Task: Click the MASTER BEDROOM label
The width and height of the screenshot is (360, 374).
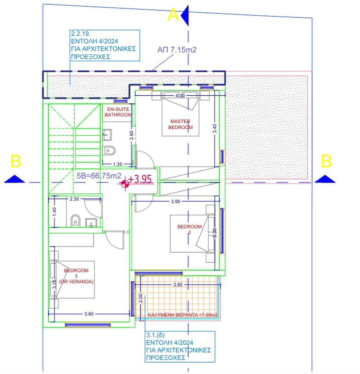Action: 180,124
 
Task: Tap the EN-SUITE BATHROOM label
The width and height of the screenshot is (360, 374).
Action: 118,112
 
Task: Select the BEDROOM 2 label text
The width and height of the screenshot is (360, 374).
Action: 189,229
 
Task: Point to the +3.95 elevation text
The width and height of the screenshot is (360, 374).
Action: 140,179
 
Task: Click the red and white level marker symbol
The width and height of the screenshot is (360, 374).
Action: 125,184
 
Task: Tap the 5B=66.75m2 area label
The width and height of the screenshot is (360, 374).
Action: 99,176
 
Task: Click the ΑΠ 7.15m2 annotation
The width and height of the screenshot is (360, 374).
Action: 177,50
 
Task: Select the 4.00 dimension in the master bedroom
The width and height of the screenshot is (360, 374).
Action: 180,96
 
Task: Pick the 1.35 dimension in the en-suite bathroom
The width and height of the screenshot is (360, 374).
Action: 117,164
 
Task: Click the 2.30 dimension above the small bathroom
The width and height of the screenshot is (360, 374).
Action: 74,199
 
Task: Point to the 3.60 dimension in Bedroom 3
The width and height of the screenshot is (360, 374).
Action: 89,314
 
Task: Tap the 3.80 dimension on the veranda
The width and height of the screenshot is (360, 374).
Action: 178,285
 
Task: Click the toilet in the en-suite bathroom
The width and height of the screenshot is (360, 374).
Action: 109,150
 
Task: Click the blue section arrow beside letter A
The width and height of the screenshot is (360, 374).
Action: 185,15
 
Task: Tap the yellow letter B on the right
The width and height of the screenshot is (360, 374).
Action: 326,161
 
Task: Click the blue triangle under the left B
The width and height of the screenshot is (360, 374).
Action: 14,179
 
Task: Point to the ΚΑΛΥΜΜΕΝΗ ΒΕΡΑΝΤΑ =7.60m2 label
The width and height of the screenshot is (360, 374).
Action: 182,315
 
